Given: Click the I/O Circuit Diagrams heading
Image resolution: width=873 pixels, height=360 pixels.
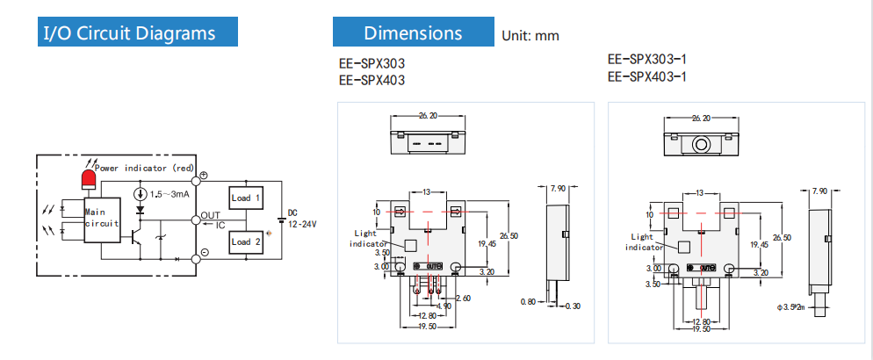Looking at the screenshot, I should pos(130,33).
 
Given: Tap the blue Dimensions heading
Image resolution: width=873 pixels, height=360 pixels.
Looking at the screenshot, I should pos(413,33).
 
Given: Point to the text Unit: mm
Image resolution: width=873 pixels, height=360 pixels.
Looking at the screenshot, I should pos(530,36).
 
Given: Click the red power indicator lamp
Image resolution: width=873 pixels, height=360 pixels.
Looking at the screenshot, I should pos(88,180).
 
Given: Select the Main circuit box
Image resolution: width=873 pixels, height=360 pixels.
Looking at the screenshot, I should pos(99,218).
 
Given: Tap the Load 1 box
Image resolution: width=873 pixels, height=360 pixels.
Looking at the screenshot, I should pos(247,198).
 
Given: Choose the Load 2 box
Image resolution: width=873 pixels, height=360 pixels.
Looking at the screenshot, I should pos(247,241).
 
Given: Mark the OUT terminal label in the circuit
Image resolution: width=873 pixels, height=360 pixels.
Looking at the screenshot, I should pos(211,215).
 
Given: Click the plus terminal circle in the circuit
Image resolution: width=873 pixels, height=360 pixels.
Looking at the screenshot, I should pos(203,176).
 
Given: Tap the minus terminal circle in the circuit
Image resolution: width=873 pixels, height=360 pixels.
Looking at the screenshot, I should pos(203,253).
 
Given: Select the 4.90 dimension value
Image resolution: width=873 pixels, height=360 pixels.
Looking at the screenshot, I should pos(444,306).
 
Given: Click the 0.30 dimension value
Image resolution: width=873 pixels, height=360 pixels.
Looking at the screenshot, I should pos(575,306).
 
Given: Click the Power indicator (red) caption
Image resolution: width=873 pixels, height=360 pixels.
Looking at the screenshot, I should pos(144,167).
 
